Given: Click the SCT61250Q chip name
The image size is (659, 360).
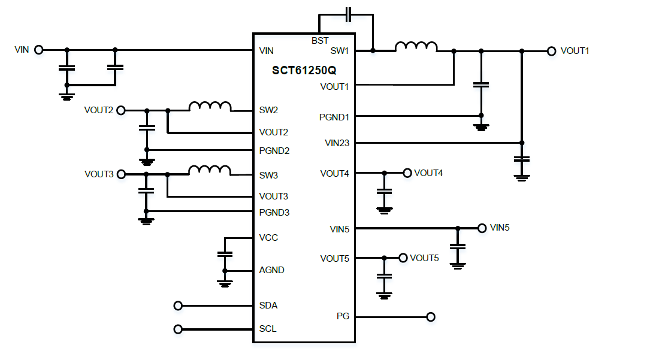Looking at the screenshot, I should coord(304,69).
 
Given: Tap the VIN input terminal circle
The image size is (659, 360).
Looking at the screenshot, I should coord(39,50).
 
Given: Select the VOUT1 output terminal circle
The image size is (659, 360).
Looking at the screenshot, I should coord(551,51).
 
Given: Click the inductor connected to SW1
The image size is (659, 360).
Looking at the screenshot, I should coord(416,47).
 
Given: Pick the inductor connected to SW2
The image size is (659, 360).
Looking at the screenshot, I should coord(210,107).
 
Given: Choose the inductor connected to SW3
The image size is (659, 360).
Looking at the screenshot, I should coord(210,171).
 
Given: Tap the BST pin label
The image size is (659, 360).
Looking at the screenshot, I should coord(320,41).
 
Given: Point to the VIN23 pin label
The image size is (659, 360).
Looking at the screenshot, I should coord(337,143).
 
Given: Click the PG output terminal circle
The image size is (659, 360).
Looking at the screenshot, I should coord(430,317).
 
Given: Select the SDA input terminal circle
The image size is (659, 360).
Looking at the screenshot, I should coord(178,305).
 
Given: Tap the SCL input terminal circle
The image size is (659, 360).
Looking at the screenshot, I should coord(178,329).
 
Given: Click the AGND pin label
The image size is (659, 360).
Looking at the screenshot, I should coord(271,270).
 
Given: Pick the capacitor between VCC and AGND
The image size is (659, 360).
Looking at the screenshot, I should coord(225,254).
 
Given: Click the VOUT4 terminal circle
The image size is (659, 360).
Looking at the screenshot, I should coord(407,173).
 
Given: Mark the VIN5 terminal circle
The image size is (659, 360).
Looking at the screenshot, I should coord(482,228).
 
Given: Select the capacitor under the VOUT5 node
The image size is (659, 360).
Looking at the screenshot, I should coord(385,276).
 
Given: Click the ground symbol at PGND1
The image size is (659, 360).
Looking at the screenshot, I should coord(480,126).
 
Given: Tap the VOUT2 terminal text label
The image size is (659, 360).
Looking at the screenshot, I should coord(99,110).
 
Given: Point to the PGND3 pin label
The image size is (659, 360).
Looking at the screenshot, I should coord(274,212).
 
